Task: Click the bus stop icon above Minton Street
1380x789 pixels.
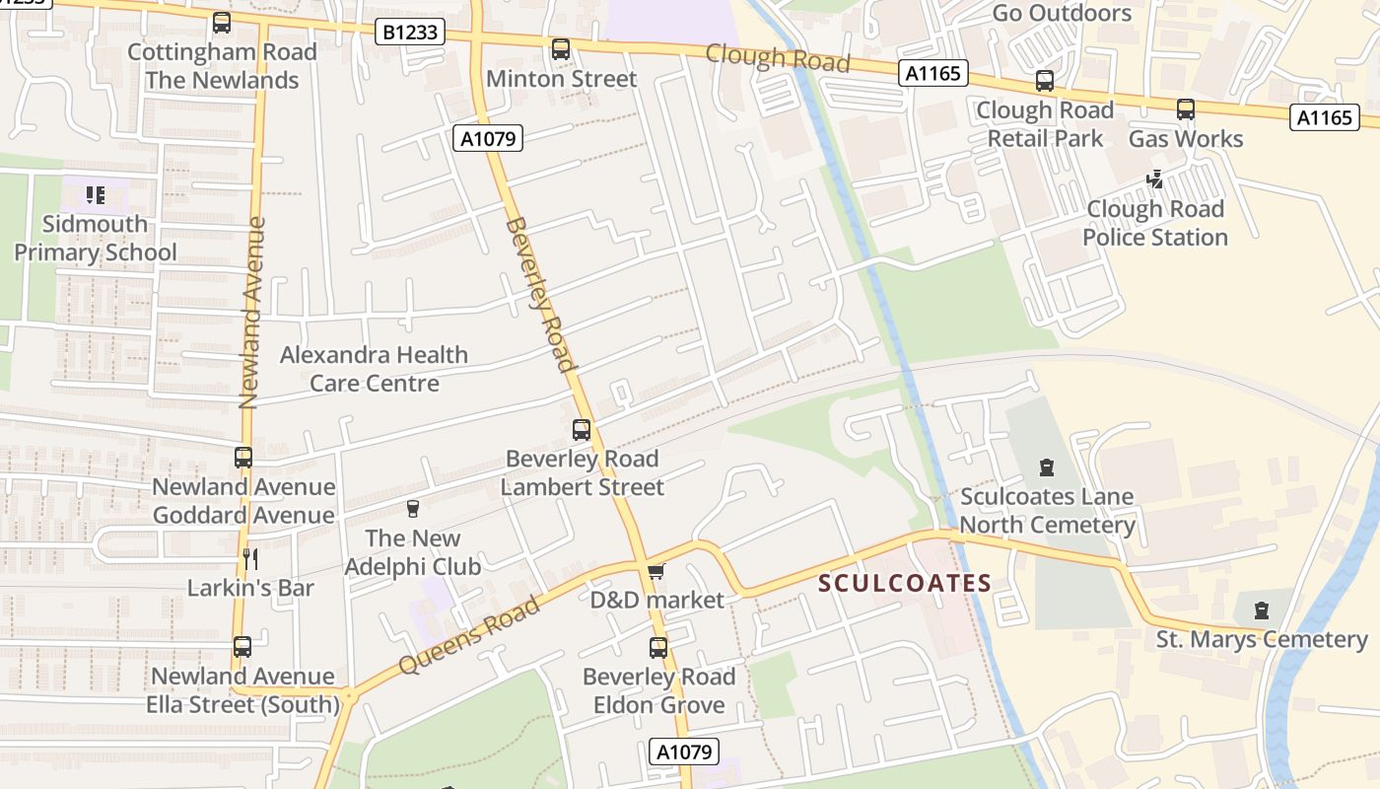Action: point(561,48)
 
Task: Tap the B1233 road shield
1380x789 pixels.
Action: point(410,33)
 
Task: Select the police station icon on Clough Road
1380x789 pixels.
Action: point(1155,179)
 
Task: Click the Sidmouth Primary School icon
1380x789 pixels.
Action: point(95,195)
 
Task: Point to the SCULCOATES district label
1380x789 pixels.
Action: point(905,583)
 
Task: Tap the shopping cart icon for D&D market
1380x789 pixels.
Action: point(656,571)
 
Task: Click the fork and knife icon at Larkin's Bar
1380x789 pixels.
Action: point(250,559)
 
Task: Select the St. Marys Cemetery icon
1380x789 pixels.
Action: point(1262,610)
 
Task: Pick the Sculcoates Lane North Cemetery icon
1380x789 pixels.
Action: point(1047,466)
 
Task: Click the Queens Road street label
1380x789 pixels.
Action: point(469,636)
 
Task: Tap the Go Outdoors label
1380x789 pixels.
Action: point(1062,13)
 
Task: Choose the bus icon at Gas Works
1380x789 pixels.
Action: point(1186,109)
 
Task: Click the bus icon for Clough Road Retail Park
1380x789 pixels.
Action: point(1045,81)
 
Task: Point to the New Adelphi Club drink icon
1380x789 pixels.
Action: point(413,509)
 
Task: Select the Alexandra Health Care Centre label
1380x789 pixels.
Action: point(375,369)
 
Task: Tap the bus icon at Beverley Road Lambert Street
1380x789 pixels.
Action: point(582,430)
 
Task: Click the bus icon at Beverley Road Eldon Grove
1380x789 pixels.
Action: point(658,648)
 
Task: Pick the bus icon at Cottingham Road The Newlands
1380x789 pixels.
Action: point(222,23)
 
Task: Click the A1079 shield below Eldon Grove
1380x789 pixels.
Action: point(685,752)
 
